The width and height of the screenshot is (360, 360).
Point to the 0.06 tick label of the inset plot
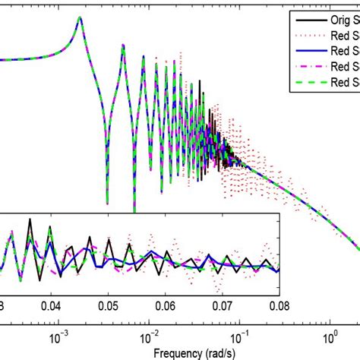pos(166,306)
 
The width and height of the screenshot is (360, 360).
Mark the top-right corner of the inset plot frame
pos(279,213)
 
